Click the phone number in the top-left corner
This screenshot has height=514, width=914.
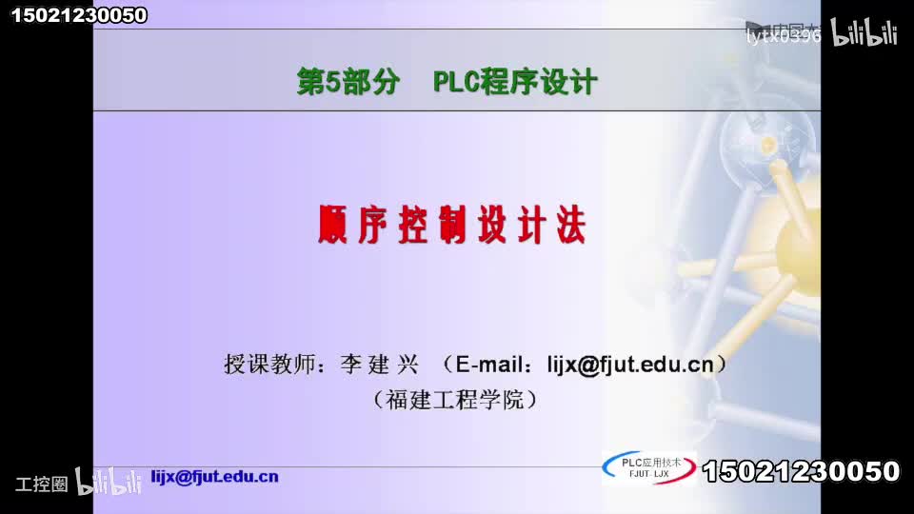click(x=79, y=14)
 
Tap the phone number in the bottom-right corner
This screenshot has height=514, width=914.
click(x=801, y=471)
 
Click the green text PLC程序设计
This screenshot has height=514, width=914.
click(x=515, y=83)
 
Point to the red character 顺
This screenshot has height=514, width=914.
click(x=334, y=225)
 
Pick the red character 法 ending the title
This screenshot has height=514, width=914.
click(x=569, y=225)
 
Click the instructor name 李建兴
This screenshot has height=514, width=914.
click(x=380, y=364)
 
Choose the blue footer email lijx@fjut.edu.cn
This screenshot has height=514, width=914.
click(x=215, y=477)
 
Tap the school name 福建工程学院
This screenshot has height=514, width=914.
click(x=455, y=400)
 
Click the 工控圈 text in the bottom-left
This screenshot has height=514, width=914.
click(x=42, y=484)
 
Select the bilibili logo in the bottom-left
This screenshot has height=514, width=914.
click(x=109, y=483)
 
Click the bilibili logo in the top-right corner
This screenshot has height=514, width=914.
click(x=865, y=33)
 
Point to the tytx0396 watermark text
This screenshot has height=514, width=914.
click(x=783, y=36)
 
